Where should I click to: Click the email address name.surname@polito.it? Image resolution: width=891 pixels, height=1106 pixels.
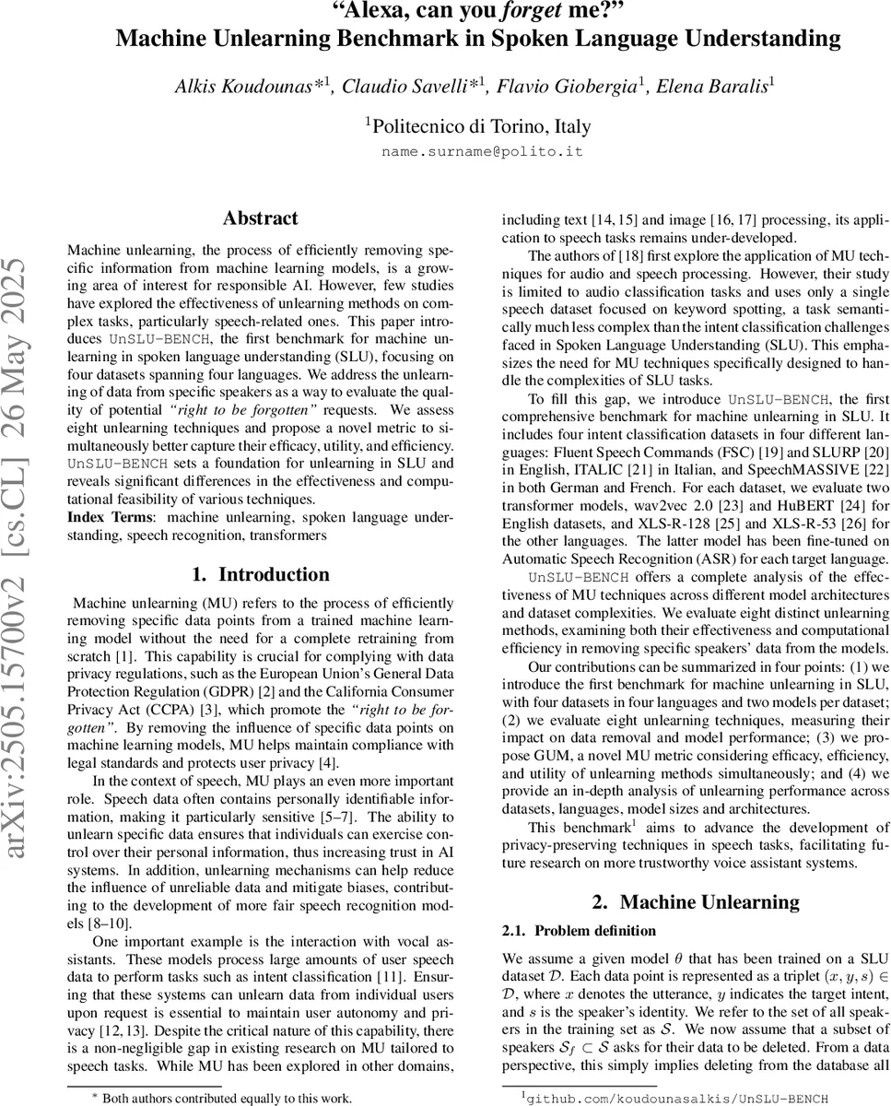tap(482, 152)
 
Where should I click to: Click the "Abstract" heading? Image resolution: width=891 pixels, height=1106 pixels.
tap(261, 218)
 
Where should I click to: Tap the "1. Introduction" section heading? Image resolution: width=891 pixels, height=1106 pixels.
tap(261, 575)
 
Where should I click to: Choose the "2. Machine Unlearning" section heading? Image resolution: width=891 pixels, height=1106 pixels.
tap(696, 902)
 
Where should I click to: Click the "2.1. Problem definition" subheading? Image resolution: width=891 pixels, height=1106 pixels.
tap(579, 931)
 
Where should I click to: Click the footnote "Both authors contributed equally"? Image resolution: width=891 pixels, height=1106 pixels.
tap(227, 1098)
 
